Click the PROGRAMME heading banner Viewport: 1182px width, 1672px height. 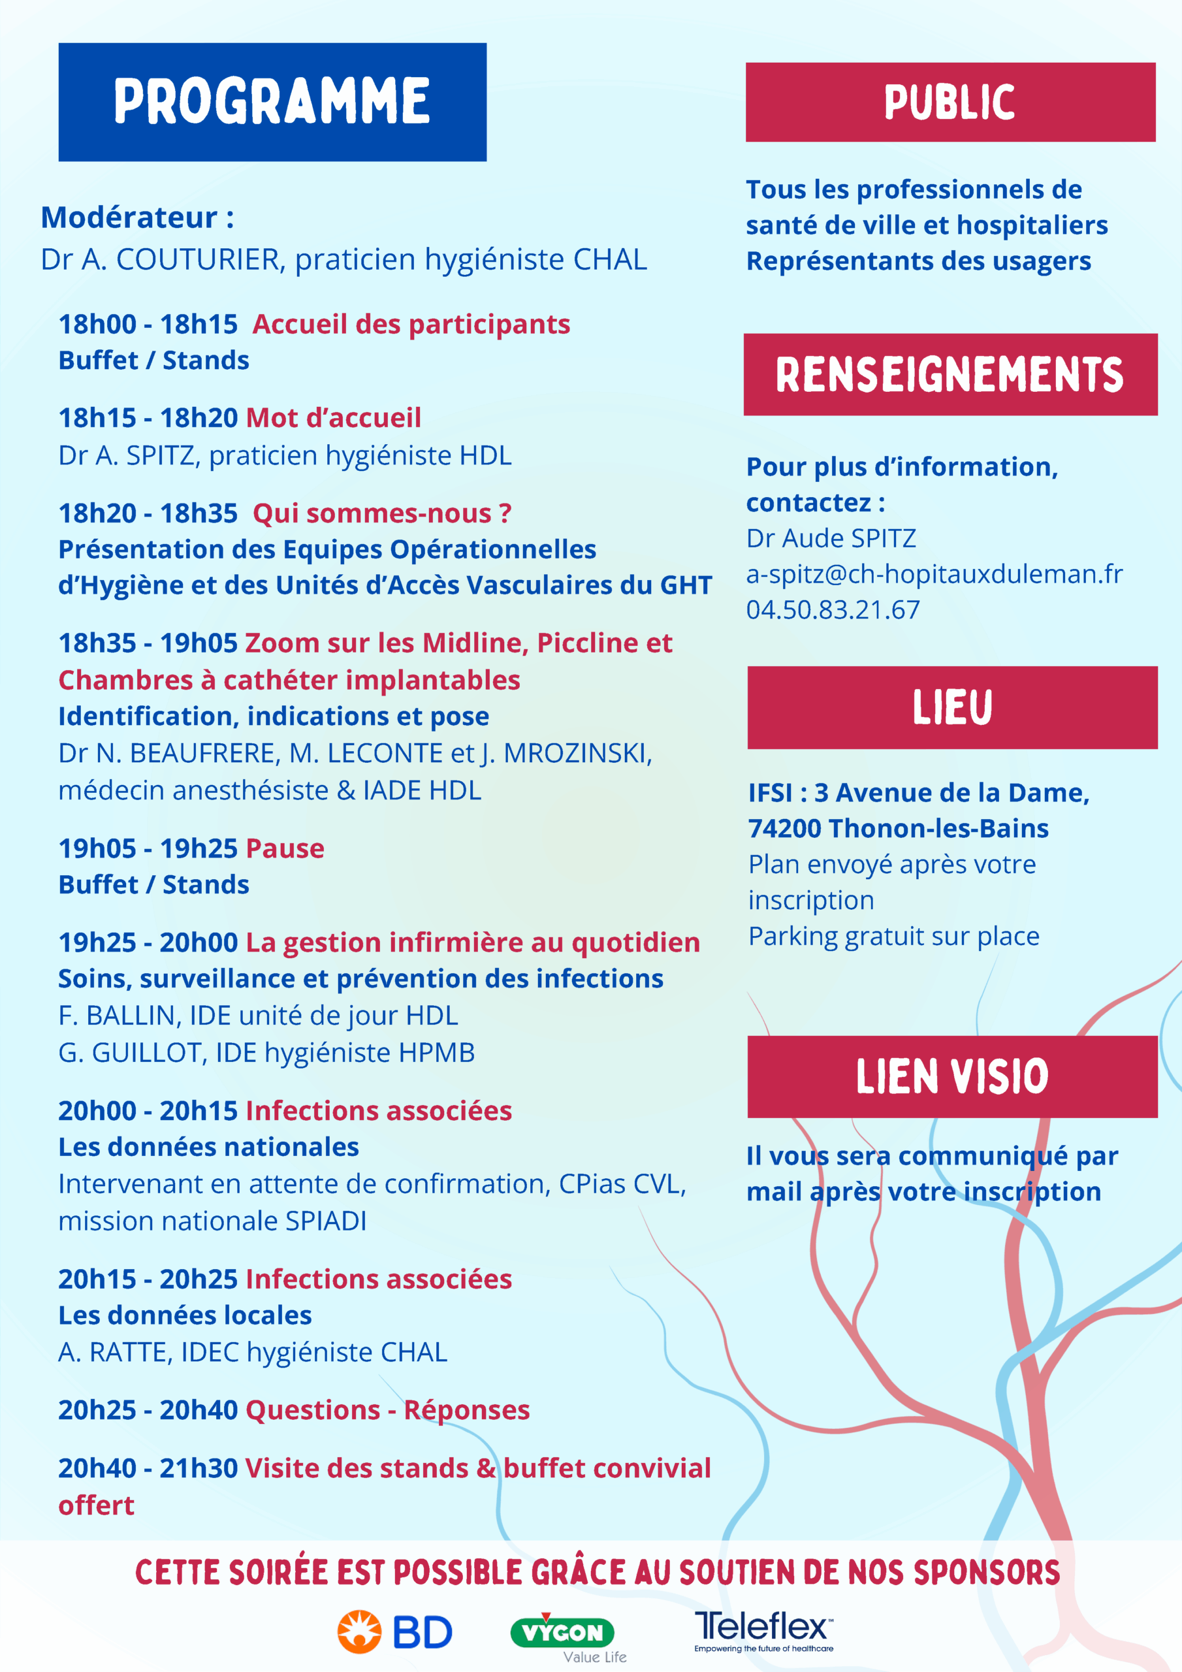pyautogui.click(x=272, y=102)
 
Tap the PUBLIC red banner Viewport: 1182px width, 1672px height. pyautogui.click(x=950, y=102)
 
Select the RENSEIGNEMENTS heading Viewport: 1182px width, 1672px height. pyautogui.click(x=950, y=374)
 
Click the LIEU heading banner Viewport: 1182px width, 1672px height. pyautogui.click(x=952, y=707)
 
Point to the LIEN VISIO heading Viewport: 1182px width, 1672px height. pyautogui.click(x=952, y=1076)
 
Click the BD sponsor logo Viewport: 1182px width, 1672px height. pyautogui.click(x=394, y=1632)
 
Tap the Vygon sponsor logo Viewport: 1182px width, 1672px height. pyautogui.click(x=563, y=1633)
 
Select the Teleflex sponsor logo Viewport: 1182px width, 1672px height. pyautogui.click(x=763, y=1630)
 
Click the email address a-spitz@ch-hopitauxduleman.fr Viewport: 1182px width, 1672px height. pyautogui.click(x=934, y=575)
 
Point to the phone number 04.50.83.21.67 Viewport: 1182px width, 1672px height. pyautogui.click(x=833, y=610)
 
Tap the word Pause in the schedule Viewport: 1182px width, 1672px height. pyautogui.click(x=285, y=848)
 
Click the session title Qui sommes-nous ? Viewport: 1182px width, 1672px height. pyautogui.click(x=382, y=513)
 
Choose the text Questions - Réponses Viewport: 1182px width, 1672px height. pyautogui.click(x=387, y=1410)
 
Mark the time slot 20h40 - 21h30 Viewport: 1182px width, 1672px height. pyautogui.click(x=148, y=1468)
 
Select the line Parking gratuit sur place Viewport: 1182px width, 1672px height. pyautogui.click(x=893, y=937)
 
